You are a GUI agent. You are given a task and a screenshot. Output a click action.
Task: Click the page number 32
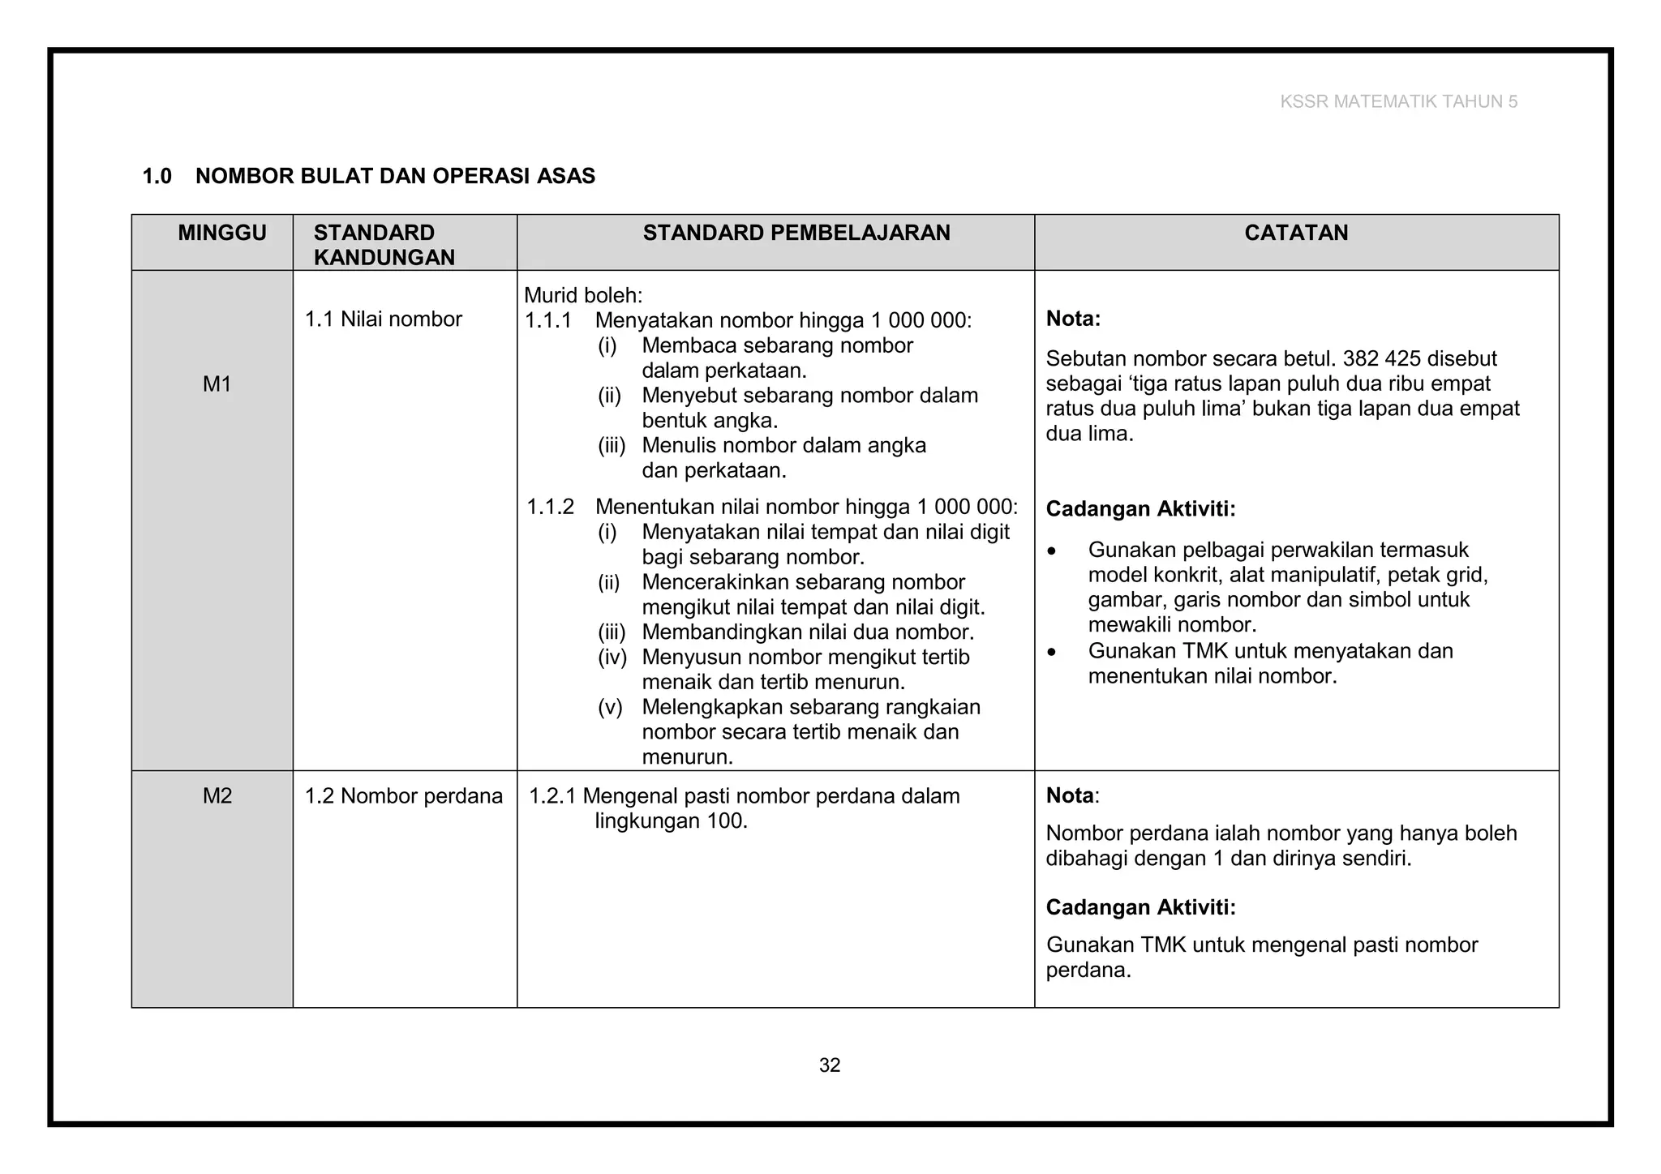pyautogui.click(x=830, y=1065)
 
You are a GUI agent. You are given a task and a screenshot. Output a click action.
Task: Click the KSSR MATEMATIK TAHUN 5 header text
pyautogui.click(x=1398, y=101)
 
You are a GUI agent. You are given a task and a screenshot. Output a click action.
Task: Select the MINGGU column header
pyautogui.click(x=222, y=234)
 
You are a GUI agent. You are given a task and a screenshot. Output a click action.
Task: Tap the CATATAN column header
pyautogui.click(x=1296, y=234)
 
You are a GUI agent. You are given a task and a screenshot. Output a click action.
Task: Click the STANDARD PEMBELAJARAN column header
pyautogui.click(x=796, y=234)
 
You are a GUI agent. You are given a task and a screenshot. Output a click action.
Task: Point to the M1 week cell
pyautogui.click(x=217, y=384)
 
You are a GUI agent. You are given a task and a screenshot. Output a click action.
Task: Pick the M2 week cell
pyautogui.click(x=217, y=796)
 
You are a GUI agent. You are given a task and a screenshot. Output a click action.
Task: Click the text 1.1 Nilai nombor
pyautogui.click(x=383, y=319)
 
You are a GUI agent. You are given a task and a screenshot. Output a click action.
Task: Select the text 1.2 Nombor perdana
pyautogui.click(x=403, y=796)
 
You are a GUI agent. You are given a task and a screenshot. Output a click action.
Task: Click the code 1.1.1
pyautogui.click(x=548, y=321)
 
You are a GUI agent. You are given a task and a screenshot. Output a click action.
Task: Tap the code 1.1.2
pyautogui.click(x=550, y=508)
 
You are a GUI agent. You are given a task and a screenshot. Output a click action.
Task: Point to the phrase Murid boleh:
pyautogui.click(x=583, y=296)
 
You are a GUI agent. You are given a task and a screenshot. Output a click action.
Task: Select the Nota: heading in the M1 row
pyautogui.click(x=1073, y=319)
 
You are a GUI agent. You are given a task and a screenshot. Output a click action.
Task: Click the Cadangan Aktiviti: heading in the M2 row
pyautogui.click(x=1140, y=907)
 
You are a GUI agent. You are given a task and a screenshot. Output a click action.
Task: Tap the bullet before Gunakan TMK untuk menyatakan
pyautogui.click(x=1052, y=652)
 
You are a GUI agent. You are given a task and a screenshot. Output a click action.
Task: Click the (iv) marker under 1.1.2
pyautogui.click(x=612, y=658)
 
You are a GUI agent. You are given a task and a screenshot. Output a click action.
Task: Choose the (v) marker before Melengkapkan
pyautogui.click(x=610, y=707)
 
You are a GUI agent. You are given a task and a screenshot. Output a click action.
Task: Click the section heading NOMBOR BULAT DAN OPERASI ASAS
pyautogui.click(x=395, y=176)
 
